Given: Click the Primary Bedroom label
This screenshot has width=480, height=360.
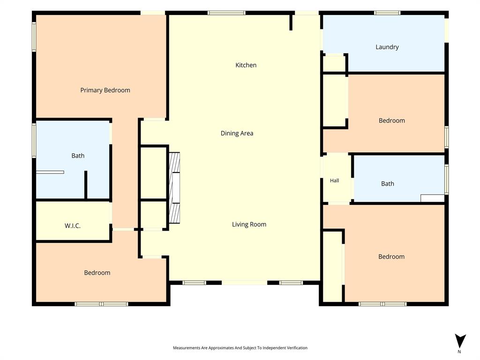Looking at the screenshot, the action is pyautogui.click(x=105, y=90).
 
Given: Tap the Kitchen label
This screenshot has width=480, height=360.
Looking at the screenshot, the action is pyautogui.click(x=246, y=65).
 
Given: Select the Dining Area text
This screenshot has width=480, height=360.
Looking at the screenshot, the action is pyautogui.click(x=237, y=133).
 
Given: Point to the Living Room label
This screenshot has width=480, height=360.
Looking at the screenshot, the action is pyautogui.click(x=249, y=225).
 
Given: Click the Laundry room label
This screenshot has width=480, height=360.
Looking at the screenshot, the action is pyautogui.click(x=387, y=47).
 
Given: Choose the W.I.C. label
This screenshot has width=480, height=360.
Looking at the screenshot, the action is pyautogui.click(x=73, y=226).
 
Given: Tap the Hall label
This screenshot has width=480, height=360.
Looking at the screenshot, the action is pyautogui.click(x=334, y=180).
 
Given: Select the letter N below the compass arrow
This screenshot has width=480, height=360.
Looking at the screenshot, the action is pyautogui.click(x=459, y=352).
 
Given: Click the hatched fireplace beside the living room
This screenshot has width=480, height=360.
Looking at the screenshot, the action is pyautogui.click(x=174, y=187).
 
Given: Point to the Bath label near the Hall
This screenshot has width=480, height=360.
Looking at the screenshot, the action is pyautogui.click(x=387, y=184).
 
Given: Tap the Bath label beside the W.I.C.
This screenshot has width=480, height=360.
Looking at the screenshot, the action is pyautogui.click(x=78, y=156).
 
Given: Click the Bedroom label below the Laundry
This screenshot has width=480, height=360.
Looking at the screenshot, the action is pyautogui.click(x=391, y=120).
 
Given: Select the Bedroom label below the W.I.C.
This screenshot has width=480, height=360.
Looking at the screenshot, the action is pyautogui.click(x=97, y=273).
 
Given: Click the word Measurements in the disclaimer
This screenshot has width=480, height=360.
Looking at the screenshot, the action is pyautogui.click(x=187, y=348).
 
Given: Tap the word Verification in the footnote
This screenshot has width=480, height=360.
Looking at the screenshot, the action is pyautogui.click(x=296, y=348).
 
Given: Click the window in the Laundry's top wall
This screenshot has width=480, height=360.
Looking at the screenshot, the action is pyautogui.click(x=387, y=13).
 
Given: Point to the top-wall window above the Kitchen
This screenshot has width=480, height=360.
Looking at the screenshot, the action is pyautogui.click(x=226, y=13).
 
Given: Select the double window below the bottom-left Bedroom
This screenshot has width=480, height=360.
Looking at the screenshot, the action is pyautogui.click(x=101, y=304).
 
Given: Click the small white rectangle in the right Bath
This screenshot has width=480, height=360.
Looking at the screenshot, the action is pyautogui.click(x=433, y=198).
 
